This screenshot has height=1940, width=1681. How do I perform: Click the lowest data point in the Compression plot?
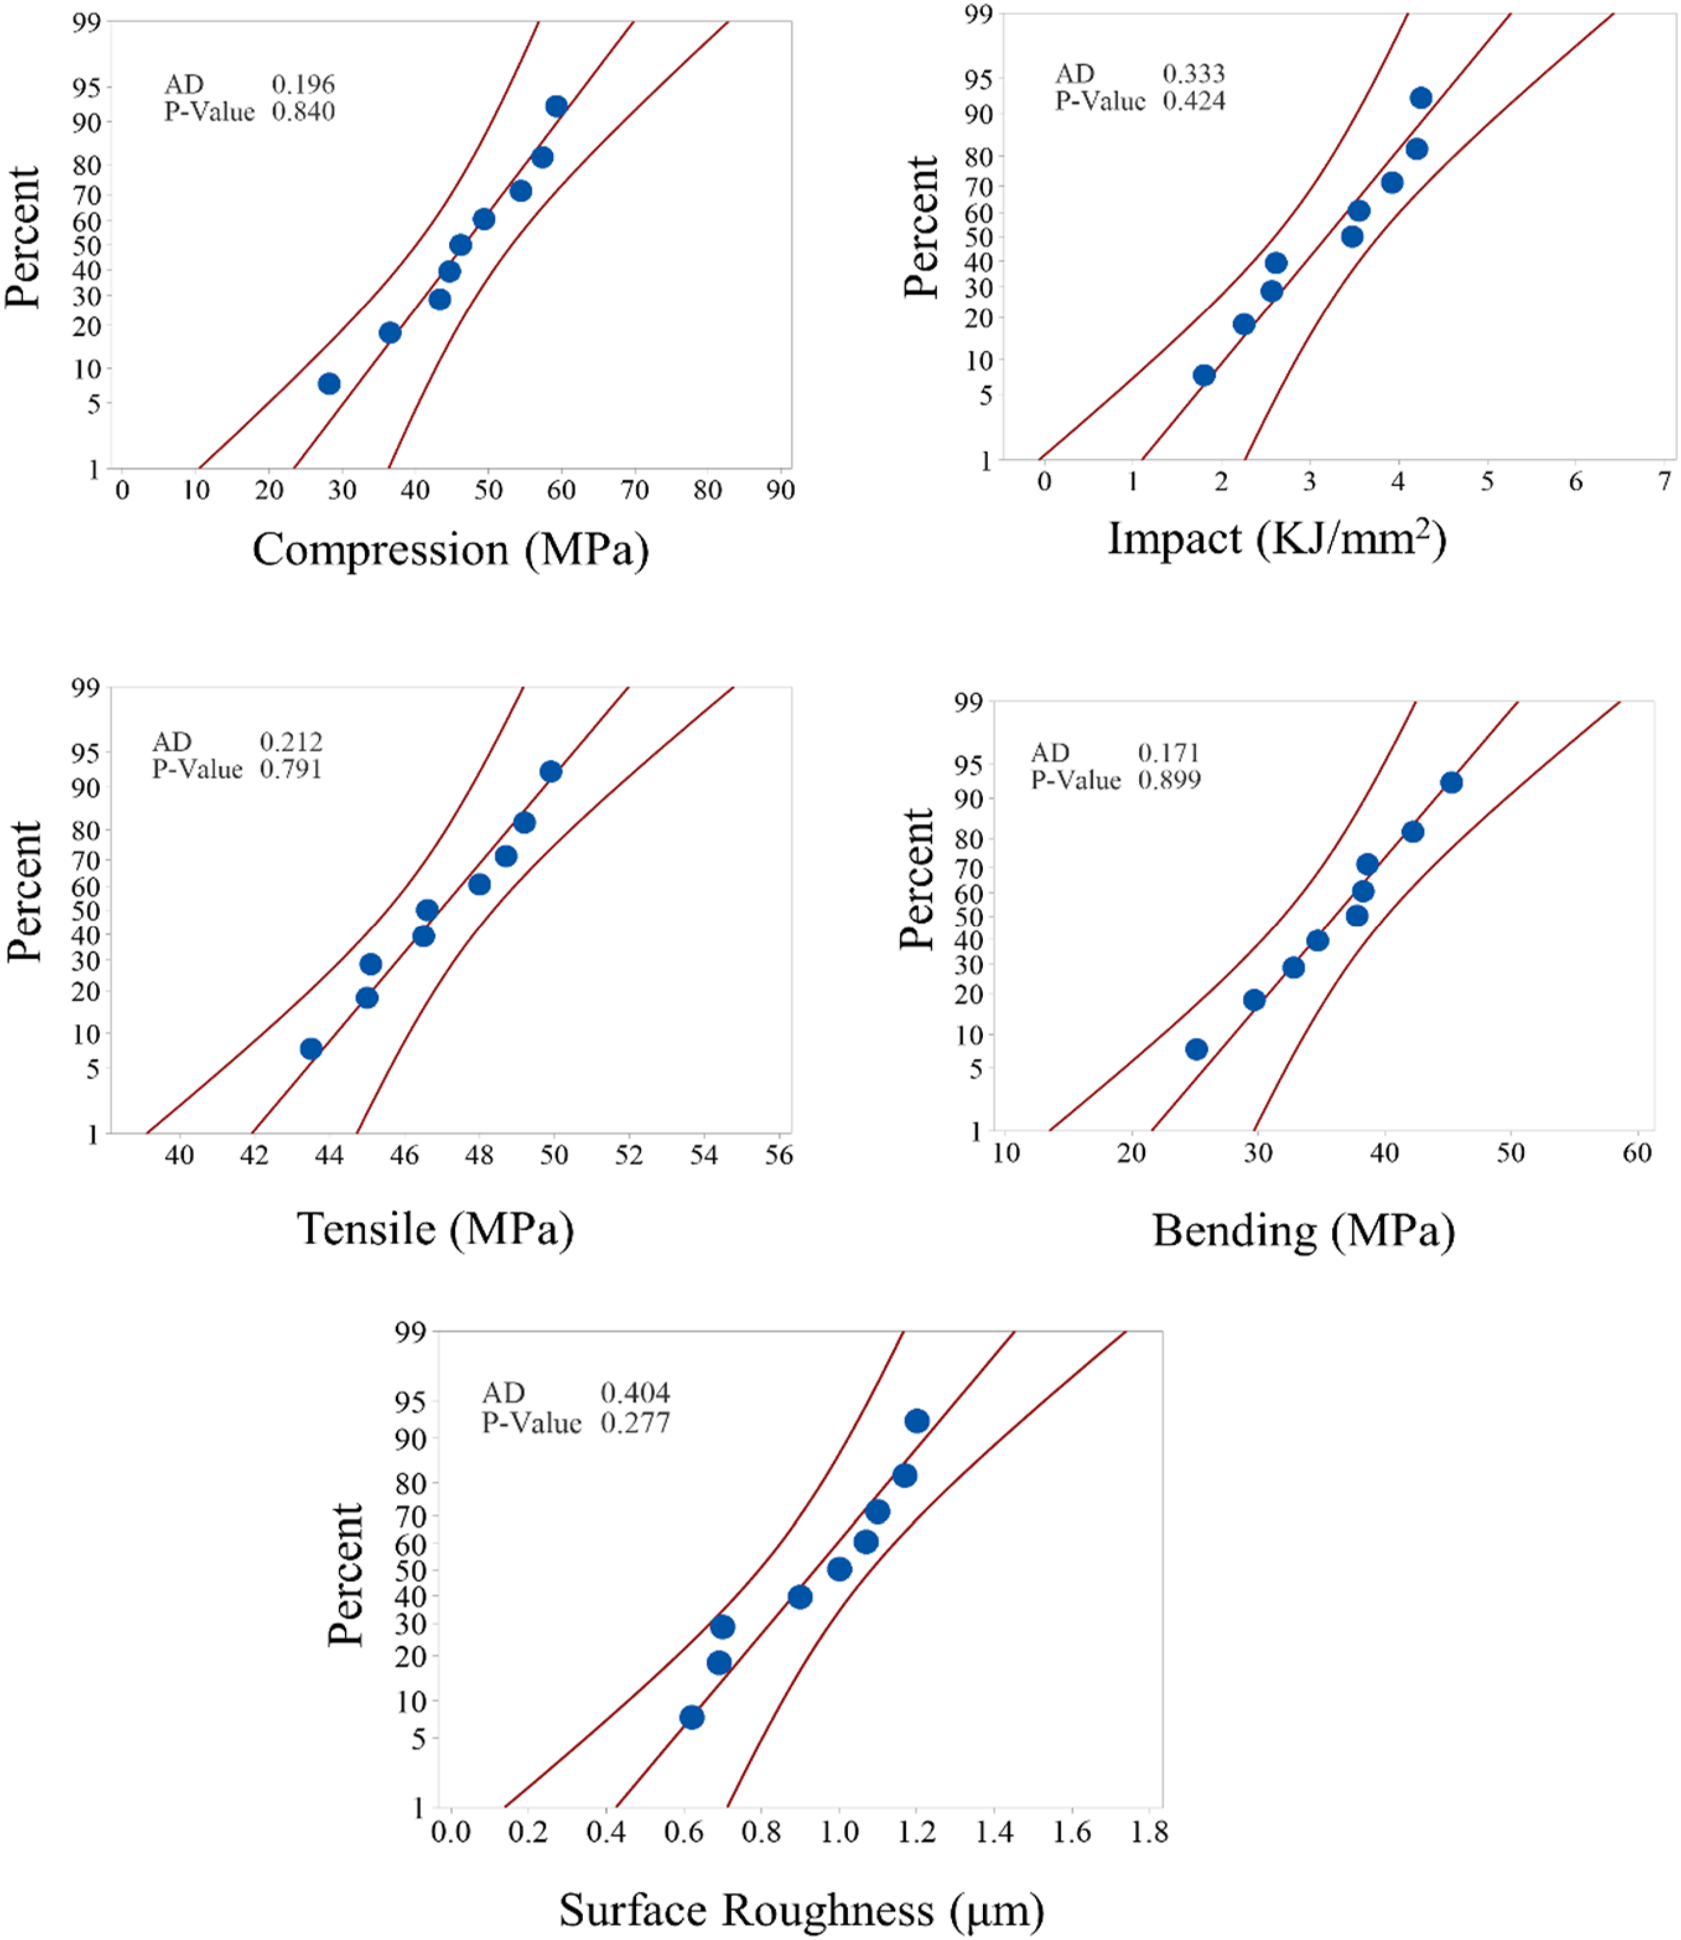coord(328,384)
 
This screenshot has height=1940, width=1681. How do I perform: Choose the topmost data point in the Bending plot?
coord(1451,782)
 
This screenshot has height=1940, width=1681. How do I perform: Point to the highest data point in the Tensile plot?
coord(551,771)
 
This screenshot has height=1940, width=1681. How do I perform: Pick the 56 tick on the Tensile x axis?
coord(778,1155)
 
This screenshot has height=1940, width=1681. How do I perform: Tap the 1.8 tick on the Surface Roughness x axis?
coord(1149,1831)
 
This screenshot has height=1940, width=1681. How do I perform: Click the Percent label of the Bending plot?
coord(916,879)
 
